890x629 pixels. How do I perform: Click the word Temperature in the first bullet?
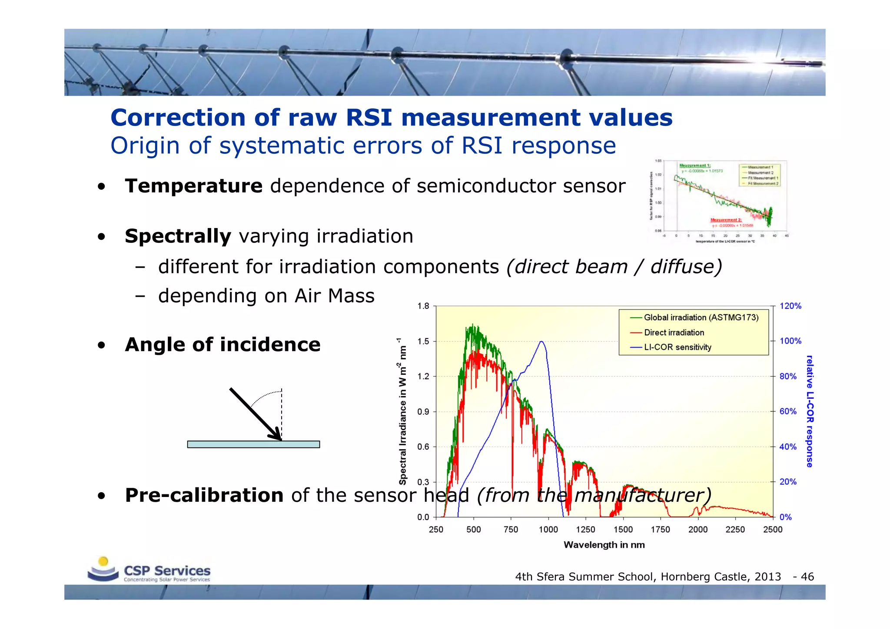[x=193, y=186]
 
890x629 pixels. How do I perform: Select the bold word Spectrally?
[x=178, y=236]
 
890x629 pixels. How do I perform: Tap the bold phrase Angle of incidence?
[x=222, y=345]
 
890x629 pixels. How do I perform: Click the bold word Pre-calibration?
[x=204, y=496]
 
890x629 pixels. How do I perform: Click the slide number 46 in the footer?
[x=807, y=577]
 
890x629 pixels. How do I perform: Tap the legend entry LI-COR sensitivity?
[x=677, y=348]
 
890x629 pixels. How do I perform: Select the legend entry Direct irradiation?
[x=674, y=333]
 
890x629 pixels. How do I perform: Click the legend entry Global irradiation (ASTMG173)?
[x=701, y=318]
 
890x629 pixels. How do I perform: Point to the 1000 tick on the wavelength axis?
[x=548, y=530]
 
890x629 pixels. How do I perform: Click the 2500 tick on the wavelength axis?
[x=772, y=530]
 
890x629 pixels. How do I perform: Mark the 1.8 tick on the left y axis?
[x=423, y=306]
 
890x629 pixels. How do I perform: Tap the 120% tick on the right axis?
[x=790, y=306]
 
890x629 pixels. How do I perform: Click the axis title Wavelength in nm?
[x=604, y=545]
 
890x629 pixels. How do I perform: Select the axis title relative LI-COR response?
[x=809, y=411]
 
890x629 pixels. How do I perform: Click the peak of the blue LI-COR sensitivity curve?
[x=541, y=342]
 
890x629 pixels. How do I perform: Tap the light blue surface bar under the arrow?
[x=253, y=444]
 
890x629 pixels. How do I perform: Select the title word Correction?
[x=178, y=118]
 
